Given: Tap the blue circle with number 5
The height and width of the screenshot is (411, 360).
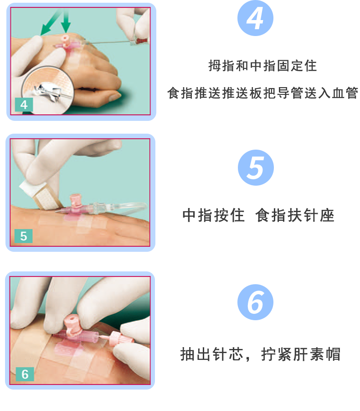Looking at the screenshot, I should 256,167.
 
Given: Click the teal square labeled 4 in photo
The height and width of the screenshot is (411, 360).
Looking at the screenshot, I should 24,104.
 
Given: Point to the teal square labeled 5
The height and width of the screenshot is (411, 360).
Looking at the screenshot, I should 24,236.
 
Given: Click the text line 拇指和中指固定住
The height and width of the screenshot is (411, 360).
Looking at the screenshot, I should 262,66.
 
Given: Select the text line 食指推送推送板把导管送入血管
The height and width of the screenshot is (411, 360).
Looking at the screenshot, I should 263,94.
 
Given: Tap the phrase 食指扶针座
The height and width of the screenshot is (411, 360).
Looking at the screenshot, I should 295,215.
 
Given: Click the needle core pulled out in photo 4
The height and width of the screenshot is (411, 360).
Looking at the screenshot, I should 114,42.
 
